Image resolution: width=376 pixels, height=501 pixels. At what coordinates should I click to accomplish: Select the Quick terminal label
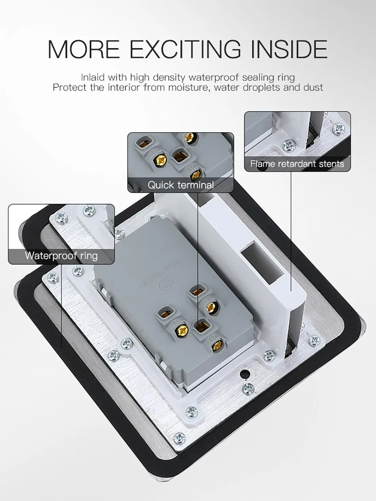coord(180,185)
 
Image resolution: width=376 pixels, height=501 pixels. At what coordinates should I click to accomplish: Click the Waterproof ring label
coord(61,256)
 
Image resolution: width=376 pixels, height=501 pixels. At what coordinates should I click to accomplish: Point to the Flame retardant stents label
coord(297,164)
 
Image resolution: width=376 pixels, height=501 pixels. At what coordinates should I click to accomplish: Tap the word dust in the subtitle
coord(313,88)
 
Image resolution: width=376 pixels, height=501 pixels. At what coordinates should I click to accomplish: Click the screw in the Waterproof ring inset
coord(89,210)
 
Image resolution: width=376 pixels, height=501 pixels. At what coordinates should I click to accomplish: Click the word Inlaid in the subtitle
coord(92,78)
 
